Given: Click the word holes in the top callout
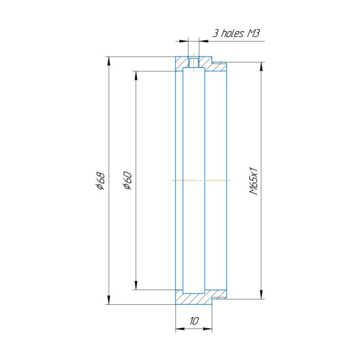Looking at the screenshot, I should click(232, 33).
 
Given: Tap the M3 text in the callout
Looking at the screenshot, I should click(253, 33).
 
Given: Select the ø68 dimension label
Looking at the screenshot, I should click(100, 180).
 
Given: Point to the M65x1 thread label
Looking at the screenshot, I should click(254, 180).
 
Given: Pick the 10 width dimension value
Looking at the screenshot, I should click(194, 321).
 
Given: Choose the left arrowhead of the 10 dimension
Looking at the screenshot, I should click(179, 329).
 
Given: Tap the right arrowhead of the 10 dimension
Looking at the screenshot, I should click(208, 329).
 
